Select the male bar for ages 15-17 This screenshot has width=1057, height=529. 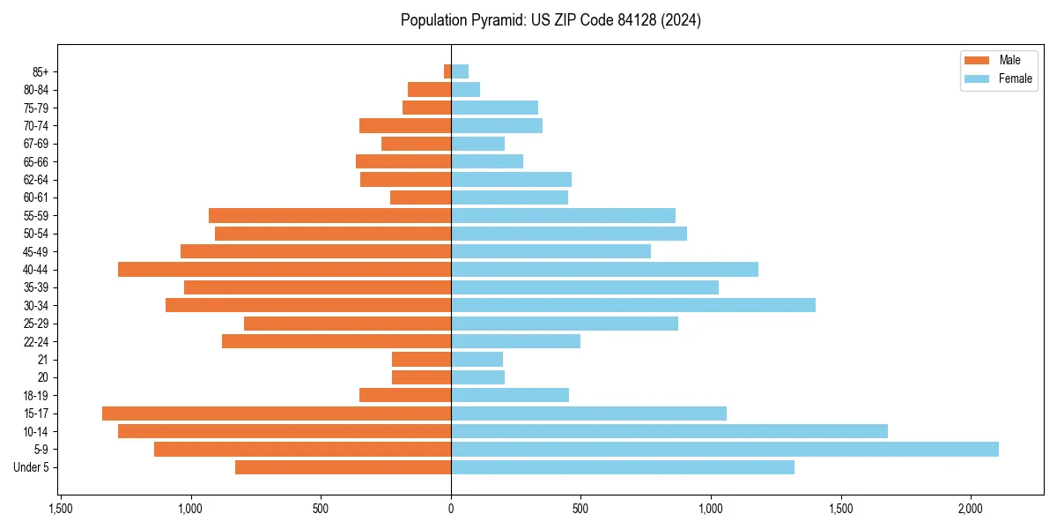coord(277,414)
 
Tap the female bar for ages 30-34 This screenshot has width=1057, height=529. coord(632,305)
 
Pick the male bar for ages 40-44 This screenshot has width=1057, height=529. coord(285,269)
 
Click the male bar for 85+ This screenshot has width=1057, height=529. coord(447,71)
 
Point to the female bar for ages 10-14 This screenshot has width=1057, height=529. coord(669,431)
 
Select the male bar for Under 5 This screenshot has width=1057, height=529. coord(343,467)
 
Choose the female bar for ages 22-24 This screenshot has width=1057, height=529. coord(515,341)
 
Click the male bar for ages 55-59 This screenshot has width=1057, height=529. coord(329,215)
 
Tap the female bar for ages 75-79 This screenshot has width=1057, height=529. coord(494,108)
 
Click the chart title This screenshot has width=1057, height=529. coord(551,20)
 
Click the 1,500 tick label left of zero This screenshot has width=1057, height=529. coord(61,509)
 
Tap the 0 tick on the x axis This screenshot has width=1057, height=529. coord(451,509)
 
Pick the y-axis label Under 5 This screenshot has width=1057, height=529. coord(31,467)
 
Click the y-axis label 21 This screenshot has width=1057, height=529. coord(42,360)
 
